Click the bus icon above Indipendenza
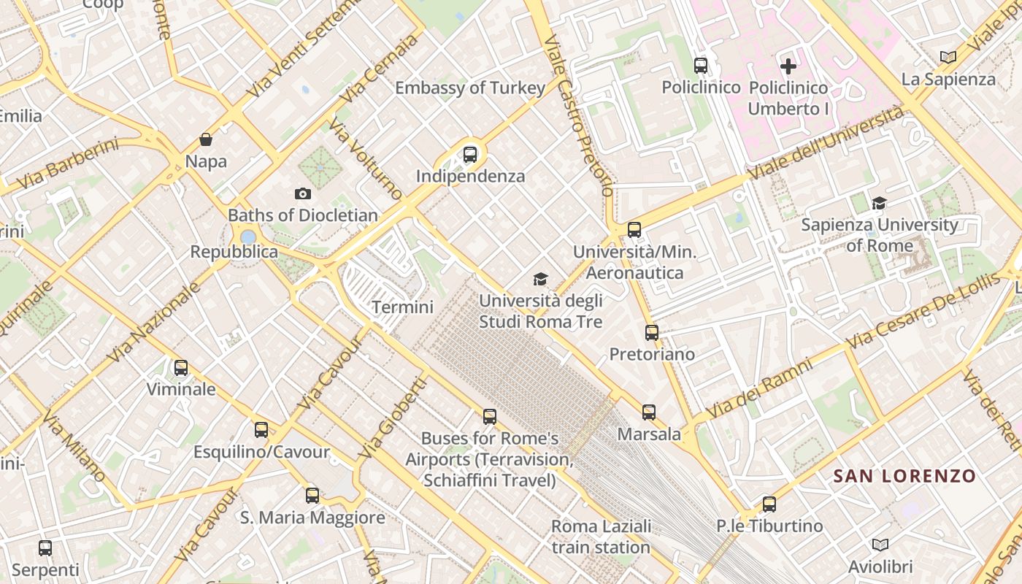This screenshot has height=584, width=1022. click(470, 155)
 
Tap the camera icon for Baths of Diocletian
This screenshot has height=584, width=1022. click(303, 193)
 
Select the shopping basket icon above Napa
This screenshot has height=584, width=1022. click(206, 139)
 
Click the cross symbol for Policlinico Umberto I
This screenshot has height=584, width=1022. click(788, 66)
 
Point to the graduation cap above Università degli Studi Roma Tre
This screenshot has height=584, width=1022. click(540, 279)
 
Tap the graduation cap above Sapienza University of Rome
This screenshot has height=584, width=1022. click(879, 203)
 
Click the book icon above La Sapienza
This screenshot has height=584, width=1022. click(948, 57)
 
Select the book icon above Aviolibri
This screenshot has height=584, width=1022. click(880, 545)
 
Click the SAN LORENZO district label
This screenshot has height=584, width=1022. click(904, 477)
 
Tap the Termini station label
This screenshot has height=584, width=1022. click(402, 307)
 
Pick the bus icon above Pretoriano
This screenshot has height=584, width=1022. click(652, 333)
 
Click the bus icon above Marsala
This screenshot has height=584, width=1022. click(649, 412)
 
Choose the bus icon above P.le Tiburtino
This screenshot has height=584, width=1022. click(769, 504)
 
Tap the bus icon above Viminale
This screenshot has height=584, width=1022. click(181, 368)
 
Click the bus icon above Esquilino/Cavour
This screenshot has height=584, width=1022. click(261, 430)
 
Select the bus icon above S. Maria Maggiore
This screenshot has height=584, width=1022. click(312, 496)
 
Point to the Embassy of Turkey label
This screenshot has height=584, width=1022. click(470, 88)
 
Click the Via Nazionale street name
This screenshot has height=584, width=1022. click(154, 322)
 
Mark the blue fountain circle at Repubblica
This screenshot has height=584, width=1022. click(248, 237)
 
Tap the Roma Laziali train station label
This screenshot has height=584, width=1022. click(601, 537)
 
